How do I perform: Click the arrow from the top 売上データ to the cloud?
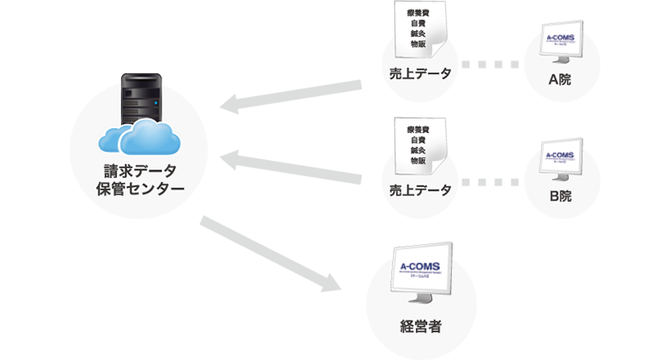tap(292, 95)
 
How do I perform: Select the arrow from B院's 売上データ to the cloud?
tap(292, 168)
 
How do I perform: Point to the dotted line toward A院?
tap(490, 64)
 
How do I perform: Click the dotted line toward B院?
tap(490, 181)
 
